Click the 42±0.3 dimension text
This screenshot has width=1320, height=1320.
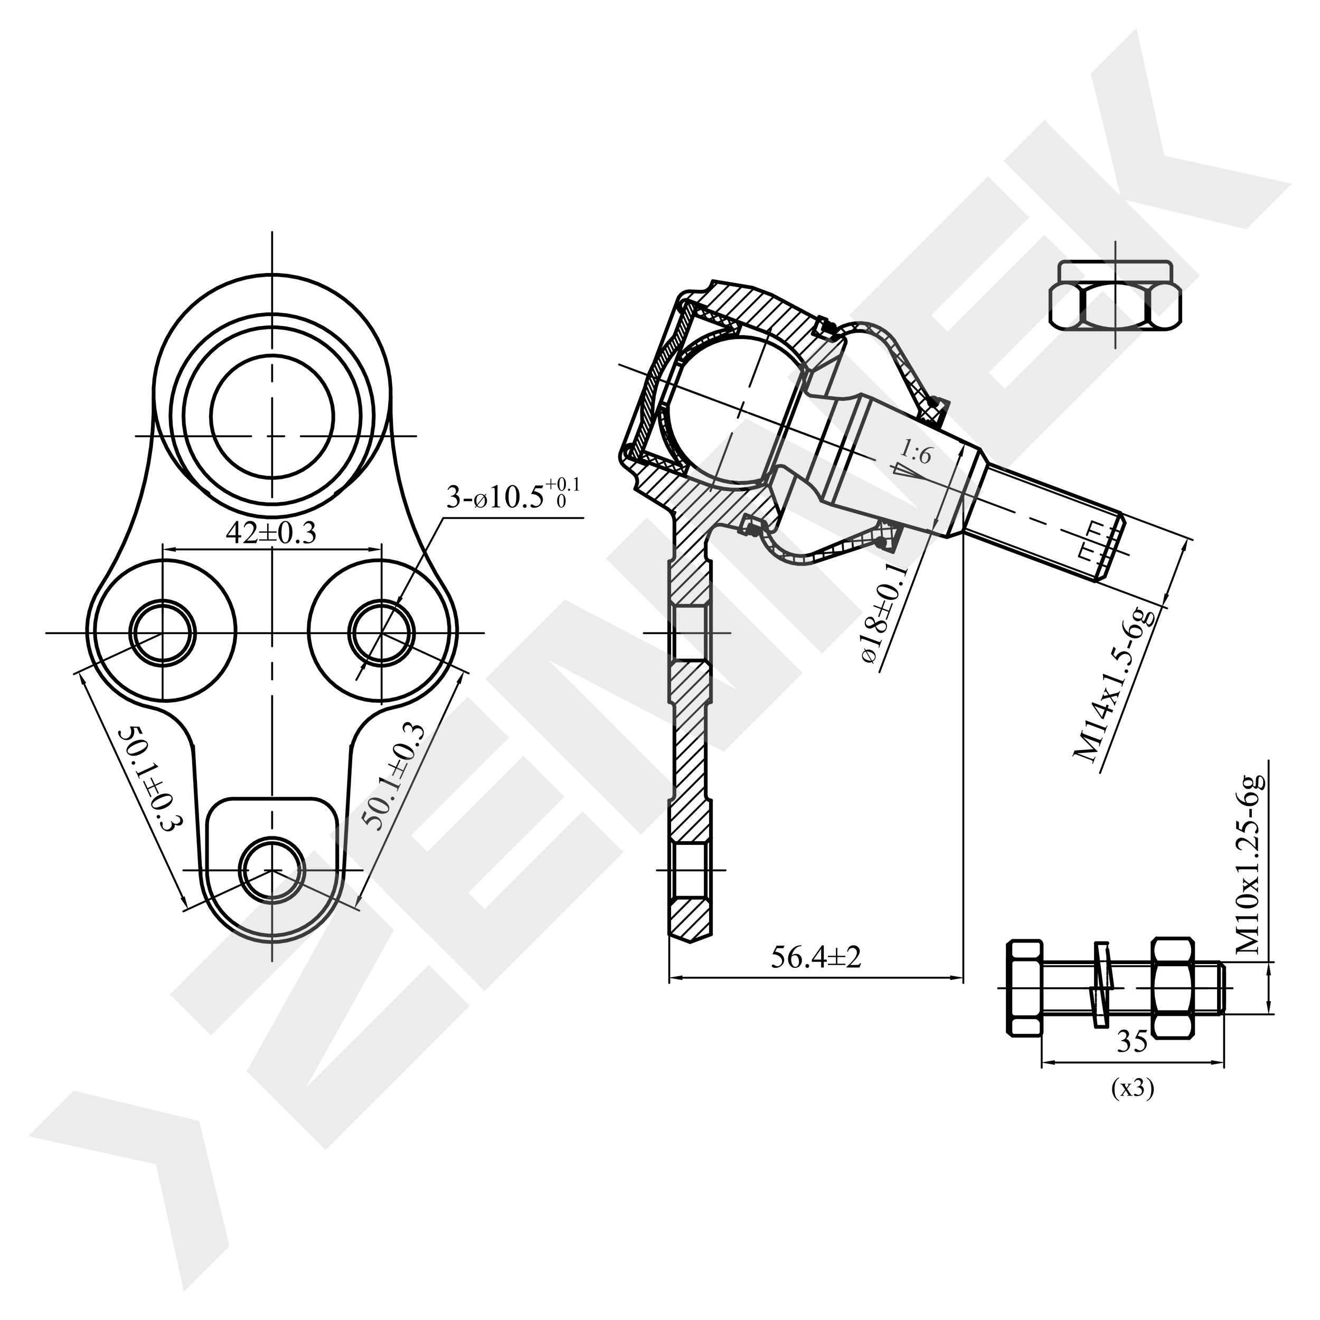point(271,534)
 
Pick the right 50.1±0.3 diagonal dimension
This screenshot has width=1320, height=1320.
point(397,776)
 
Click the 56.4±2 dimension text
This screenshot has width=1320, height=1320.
point(816,958)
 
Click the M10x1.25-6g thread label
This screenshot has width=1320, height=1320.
point(1250,864)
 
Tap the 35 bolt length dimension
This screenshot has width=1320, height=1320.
point(1132,1042)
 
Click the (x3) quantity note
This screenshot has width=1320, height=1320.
point(1132,1088)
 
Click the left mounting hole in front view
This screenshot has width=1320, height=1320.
point(163,633)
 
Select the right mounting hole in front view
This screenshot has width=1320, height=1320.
point(381,633)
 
